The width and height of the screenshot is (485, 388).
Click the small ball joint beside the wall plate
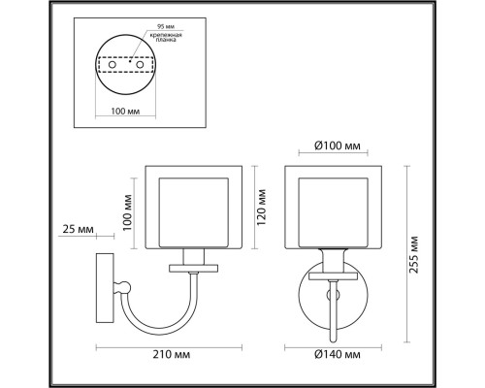(122, 286)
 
